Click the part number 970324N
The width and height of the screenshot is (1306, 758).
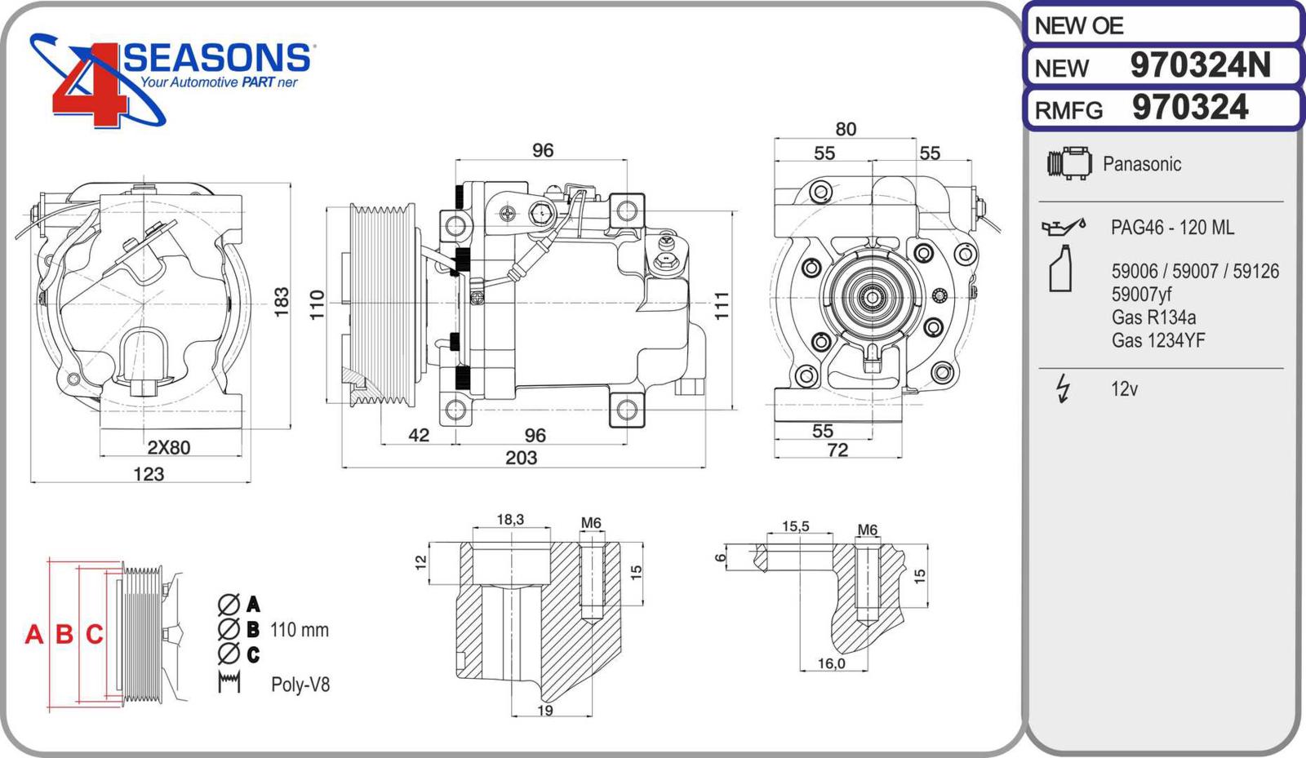coord(1199,65)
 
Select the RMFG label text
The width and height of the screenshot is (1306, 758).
coord(1068,110)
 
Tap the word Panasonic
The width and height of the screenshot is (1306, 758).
coord(1141,164)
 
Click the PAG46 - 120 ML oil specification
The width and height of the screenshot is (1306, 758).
coord(1172,228)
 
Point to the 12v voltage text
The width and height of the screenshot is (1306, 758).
coord(1124,389)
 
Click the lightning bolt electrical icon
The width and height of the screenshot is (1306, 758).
coord(1063,388)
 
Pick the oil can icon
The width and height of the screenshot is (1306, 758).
coord(1063,226)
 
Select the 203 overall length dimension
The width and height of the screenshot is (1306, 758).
coord(521,458)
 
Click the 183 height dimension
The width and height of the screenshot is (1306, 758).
coord(282,302)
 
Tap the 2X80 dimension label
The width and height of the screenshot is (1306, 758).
coord(168,447)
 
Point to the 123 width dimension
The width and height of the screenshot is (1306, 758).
coord(149,474)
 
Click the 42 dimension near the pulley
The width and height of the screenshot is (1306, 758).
coord(419,436)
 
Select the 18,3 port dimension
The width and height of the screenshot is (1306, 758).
coord(510,520)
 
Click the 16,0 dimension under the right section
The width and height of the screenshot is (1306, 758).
coord(831,663)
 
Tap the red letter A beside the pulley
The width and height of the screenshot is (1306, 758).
coord(34,634)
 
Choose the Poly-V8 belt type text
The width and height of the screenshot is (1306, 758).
coord(300,685)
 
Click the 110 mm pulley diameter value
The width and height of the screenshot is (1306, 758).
coord(299,630)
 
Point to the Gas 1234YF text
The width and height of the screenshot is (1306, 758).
coord(1157,340)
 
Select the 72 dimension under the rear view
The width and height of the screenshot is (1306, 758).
coord(837,450)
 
